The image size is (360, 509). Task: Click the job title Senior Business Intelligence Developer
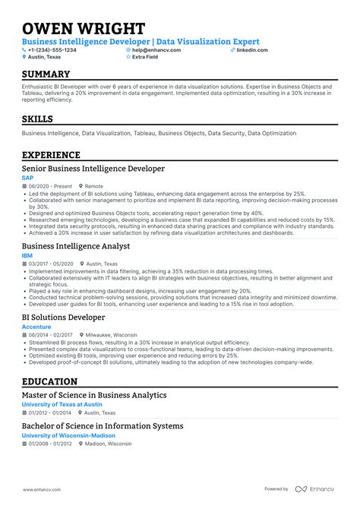(x=93, y=169)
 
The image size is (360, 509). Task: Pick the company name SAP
(x=27, y=178)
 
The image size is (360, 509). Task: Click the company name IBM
(x=27, y=256)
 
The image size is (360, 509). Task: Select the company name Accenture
(x=36, y=326)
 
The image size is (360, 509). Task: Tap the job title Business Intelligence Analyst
(x=76, y=246)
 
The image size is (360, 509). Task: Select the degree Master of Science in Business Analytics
(x=94, y=394)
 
